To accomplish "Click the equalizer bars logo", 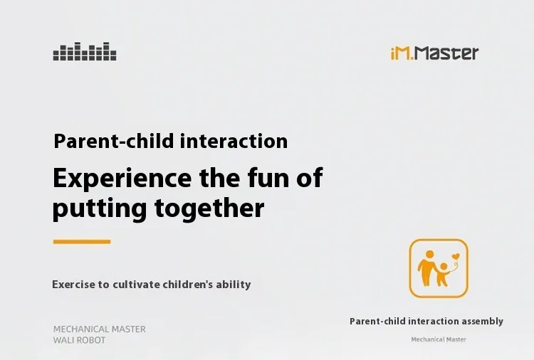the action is click(85, 51).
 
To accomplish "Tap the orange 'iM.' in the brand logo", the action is click(402, 53).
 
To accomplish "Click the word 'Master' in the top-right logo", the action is click(447, 53).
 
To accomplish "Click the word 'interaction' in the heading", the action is click(234, 141).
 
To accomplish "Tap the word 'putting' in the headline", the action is click(100, 208).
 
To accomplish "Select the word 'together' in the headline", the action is click(209, 208).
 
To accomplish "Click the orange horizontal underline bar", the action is click(82, 242).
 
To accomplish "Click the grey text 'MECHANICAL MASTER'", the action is click(100, 329).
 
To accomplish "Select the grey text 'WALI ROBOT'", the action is click(79, 340).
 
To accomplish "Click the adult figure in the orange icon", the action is click(427, 268).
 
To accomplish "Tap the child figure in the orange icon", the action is click(443, 274).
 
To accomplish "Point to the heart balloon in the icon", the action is click(456, 256).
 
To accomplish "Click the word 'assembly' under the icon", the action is click(482, 322).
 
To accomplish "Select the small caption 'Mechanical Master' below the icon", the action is click(439, 339).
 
